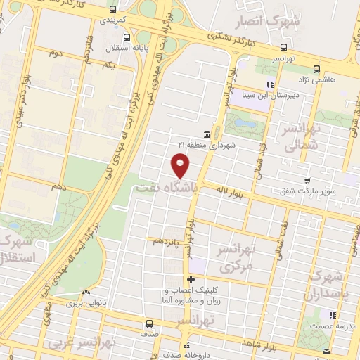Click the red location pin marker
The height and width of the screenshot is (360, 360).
[181, 165]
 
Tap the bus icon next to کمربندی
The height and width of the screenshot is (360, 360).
[114, 10]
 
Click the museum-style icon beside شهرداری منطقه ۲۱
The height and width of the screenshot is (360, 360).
[206, 134]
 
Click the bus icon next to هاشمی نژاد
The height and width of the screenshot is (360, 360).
[316, 69]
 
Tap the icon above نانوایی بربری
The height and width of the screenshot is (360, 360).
[86, 292]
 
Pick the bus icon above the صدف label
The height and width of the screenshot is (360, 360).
[148, 324]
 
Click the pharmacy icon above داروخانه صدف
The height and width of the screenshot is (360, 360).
[187, 345]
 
